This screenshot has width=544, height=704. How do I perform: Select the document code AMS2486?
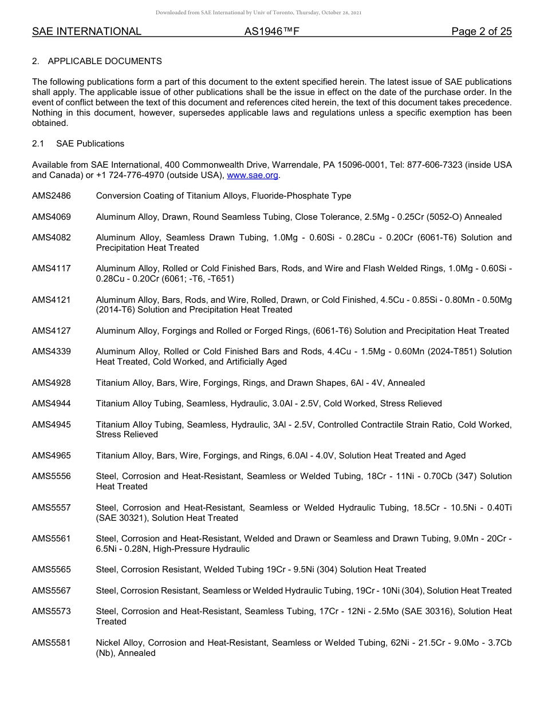(x=52, y=196)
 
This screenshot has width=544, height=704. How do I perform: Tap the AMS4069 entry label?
(x=52, y=217)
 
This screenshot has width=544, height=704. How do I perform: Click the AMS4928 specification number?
(x=52, y=383)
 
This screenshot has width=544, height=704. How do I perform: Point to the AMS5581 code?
(x=52, y=643)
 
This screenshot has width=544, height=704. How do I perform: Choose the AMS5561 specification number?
(x=52, y=539)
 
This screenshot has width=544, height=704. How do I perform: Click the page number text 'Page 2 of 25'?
(x=481, y=31)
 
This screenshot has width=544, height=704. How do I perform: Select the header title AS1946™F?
(x=271, y=31)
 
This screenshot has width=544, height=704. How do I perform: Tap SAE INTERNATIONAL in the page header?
(x=86, y=31)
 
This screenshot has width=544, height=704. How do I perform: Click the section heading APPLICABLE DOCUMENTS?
(x=105, y=61)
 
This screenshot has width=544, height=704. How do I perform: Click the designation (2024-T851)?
(x=442, y=351)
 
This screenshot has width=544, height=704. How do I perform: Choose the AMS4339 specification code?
(x=52, y=351)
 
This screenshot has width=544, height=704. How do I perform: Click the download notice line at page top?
(x=258, y=13)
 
